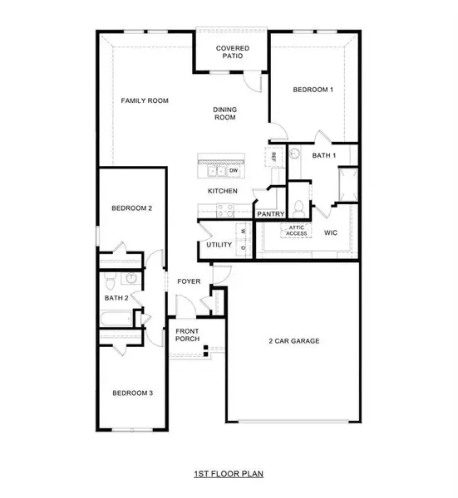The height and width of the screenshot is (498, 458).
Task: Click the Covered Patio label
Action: (x=234, y=53)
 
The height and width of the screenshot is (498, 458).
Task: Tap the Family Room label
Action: (x=145, y=100)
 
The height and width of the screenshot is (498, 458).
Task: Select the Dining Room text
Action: (x=224, y=113)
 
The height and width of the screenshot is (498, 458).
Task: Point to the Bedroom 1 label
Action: (x=313, y=89)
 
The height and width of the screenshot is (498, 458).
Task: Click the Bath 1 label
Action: (x=324, y=155)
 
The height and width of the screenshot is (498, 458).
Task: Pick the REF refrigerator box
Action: (x=272, y=156)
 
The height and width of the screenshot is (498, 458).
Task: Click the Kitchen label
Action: (x=223, y=191)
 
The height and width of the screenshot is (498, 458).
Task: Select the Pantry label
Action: (x=271, y=213)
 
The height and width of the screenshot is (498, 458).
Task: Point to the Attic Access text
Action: (x=297, y=232)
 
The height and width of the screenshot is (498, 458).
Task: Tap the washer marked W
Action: (x=244, y=231)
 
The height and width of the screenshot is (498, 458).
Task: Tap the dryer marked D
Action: (x=244, y=247)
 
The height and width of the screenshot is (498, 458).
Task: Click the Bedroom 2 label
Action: (x=131, y=208)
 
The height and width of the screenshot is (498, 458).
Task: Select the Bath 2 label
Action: (x=116, y=297)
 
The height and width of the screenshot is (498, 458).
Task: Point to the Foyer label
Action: (x=190, y=281)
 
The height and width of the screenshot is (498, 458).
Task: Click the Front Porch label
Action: (x=187, y=336)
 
